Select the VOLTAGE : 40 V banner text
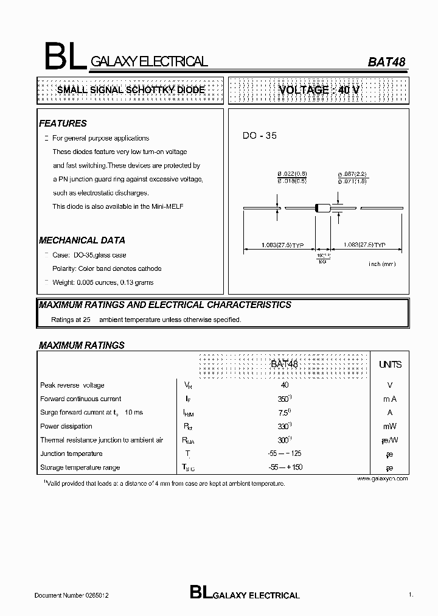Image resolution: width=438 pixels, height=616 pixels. (x=319, y=90)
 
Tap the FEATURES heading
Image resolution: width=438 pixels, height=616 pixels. (x=63, y=124)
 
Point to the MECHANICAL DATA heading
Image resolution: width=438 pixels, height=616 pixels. (x=82, y=240)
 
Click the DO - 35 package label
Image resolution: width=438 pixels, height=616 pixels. (x=260, y=136)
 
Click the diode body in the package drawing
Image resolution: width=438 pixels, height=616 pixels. (x=322, y=208)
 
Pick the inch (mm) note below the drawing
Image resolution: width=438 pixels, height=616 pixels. (x=382, y=264)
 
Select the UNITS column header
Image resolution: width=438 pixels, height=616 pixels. (x=390, y=365)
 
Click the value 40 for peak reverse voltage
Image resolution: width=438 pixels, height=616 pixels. (x=285, y=385)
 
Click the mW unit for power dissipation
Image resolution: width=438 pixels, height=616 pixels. (x=390, y=427)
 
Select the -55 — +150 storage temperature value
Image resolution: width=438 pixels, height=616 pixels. (x=285, y=467)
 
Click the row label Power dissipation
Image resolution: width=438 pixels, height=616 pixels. (x=66, y=427)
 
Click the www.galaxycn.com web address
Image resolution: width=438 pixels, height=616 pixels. (x=382, y=478)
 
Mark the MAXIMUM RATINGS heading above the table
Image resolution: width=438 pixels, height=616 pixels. (x=82, y=345)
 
